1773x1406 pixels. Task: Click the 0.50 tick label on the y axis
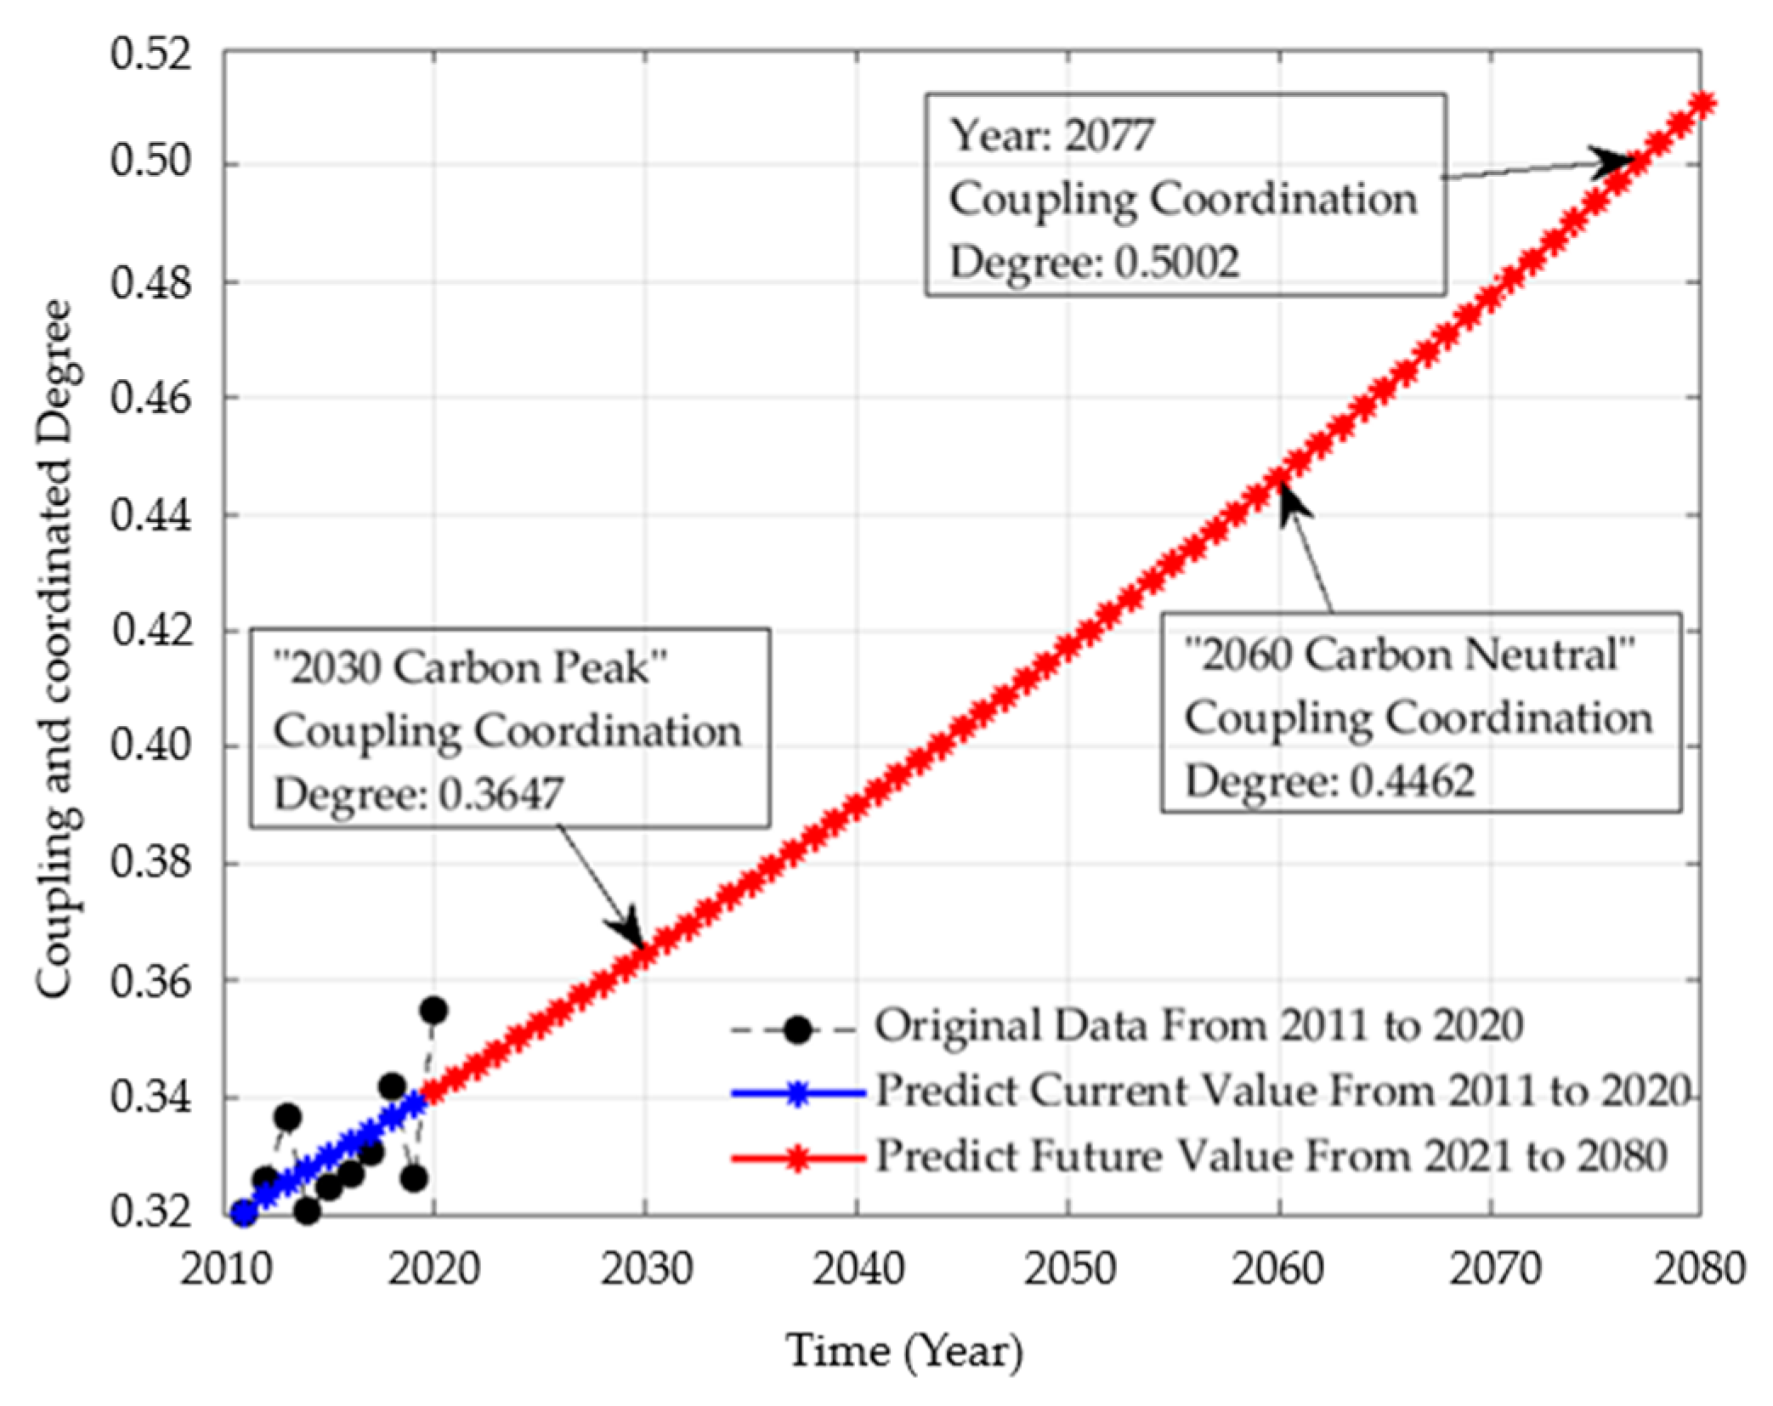point(149,162)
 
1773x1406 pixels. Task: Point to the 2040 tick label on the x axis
point(858,1270)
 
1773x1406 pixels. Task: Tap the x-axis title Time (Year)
point(904,1350)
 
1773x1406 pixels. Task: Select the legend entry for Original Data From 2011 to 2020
point(1198,1026)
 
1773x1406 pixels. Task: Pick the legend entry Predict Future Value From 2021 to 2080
point(1271,1156)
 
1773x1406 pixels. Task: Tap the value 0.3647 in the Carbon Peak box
point(501,794)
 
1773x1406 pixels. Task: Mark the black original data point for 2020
point(433,1011)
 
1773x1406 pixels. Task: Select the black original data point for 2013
point(287,1117)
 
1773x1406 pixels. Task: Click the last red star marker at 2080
point(1702,105)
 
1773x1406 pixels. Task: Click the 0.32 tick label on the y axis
point(149,1213)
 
